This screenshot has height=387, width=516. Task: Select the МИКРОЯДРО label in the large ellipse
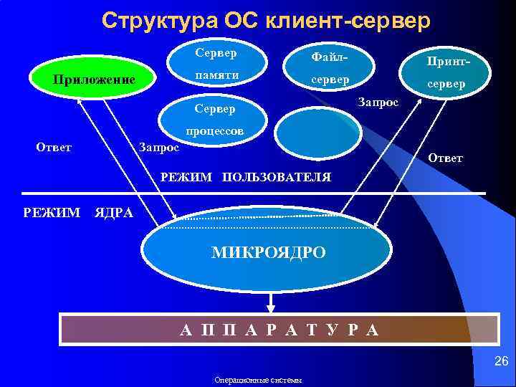click(268, 253)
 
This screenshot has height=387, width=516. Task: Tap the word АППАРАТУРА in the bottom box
click(279, 330)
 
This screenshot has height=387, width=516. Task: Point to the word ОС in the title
click(244, 20)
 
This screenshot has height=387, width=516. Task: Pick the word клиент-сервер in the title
click(348, 20)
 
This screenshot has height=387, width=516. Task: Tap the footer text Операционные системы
click(258, 380)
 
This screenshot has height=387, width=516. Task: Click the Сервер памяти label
click(216, 64)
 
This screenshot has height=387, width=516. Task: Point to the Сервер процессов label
click(216, 120)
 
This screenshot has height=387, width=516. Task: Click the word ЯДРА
click(114, 213)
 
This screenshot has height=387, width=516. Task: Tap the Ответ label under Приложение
click(54, 147)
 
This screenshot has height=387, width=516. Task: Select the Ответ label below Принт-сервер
click(445, 158)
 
